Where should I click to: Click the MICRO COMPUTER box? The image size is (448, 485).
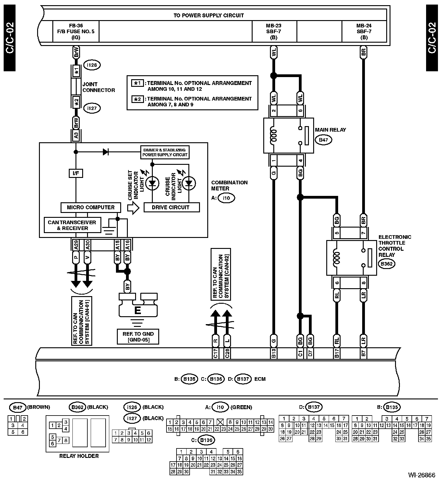coord(91,207)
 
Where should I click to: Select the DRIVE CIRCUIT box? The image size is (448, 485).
coord(171,207)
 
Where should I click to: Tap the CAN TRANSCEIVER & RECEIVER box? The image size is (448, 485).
coord(72,225)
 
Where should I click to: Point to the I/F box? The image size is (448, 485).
coord(75,173)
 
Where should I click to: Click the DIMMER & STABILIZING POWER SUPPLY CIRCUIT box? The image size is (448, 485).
coord(165,152)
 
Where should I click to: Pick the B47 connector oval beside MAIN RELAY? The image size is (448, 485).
coord(323,140)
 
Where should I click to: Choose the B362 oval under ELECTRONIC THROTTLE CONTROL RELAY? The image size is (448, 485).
coord(387,264)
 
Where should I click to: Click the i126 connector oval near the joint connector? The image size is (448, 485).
coord(92,65)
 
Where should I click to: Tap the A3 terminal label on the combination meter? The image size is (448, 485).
coord(76,135)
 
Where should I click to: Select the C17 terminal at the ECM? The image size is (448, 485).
coord(215,353)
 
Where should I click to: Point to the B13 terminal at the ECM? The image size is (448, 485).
coord(273,353)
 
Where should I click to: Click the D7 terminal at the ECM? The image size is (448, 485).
coord(310,353)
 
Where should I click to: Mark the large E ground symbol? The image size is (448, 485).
coord(138,310)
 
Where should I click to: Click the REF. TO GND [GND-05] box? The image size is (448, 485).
coord(138,337)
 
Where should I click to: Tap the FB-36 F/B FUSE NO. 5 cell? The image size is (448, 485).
coord(76,31)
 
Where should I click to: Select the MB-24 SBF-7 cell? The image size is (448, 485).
coord(364,31)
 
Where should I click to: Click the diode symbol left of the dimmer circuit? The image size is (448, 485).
coord(106,152)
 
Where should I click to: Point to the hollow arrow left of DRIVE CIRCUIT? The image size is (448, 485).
coord(133,208)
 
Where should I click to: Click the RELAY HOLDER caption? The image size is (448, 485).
coord(79,456)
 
